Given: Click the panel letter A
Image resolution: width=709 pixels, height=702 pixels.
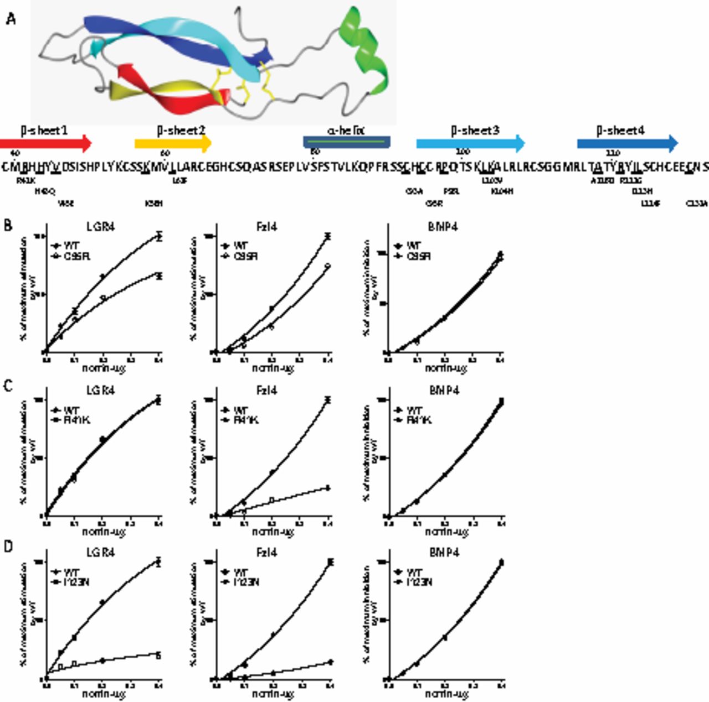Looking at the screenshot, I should [x=11, y=19].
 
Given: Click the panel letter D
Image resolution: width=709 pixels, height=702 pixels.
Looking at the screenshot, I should [x=8, y=547].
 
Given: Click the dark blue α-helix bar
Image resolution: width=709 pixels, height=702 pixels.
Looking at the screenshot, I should [x=347, y=142].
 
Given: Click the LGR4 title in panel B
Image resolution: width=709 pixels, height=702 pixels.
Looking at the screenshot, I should [x=101, y=227].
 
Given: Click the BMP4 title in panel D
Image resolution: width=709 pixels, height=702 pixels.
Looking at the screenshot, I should [x=444, y=553].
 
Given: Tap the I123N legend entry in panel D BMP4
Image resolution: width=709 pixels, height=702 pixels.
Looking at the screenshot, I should [x=419, y=583].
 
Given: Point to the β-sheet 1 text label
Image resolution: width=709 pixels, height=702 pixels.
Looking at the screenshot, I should [x=44, y=131].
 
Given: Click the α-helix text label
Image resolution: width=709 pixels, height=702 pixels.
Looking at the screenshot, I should [x=346, y=131].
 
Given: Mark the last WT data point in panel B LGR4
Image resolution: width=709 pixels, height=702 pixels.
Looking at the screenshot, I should [x=159, y=236].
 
